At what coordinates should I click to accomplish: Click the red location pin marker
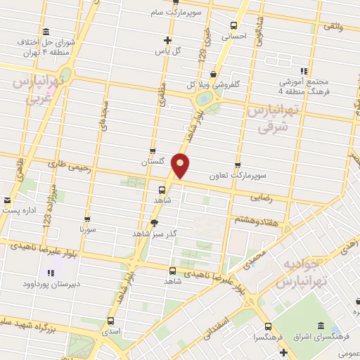coord(181,166)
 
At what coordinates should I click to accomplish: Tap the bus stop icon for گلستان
coord(153,151)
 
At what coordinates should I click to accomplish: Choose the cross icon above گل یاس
coord(167,40)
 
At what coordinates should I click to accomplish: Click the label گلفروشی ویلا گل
coord(213,84)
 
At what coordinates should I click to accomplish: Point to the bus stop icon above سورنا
coord(87,219)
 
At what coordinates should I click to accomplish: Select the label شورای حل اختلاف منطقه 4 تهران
coord(45,43)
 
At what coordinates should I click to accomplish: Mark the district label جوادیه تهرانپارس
coord(304,274)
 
